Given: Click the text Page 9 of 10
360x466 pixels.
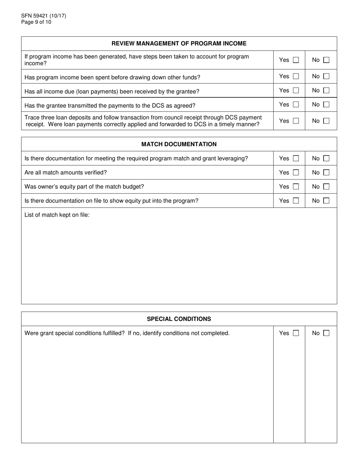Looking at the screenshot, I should pyautogui.click(x=36, y=22).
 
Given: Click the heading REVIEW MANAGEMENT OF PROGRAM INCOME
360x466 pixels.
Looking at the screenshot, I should pyautogui.click(x=179, y=44).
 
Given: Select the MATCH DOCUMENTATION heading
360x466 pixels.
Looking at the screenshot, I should pyautogui.click(x=179, y=144).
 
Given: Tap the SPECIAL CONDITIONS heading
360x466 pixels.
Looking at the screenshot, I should pyautogui.click(x=179, y=319).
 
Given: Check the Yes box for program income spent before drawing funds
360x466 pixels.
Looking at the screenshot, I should pyautogui.click(x=296, y=77).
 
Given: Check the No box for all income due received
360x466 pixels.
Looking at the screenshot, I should pyautogui.click(x=326, y=91).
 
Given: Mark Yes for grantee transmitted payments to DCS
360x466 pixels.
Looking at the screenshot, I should pyautogui.click(x=296, y=105).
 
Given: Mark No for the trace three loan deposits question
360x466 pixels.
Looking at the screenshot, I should pyautogui.click(x=326, y=121).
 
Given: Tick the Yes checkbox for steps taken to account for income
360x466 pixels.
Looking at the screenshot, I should pyautogui.click(x=296, y=60).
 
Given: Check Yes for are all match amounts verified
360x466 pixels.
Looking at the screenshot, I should pyautogui.click(x=296, y=172).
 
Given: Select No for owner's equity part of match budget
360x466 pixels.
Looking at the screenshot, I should pyautogui.click(x=326, y=186).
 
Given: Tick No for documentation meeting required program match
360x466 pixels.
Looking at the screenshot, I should pyautogui.click(x=326, y=158).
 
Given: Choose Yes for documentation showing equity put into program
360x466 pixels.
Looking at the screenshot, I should pyautogui.click(x=296, y=201).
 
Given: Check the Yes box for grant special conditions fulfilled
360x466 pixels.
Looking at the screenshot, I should pyautogui.click(x=296, y=333).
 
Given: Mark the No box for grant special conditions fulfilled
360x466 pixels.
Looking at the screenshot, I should pyautogui.click(x=326, y=333).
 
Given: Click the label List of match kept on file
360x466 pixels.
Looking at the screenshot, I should pyautogui.click(x=57, y=215).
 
